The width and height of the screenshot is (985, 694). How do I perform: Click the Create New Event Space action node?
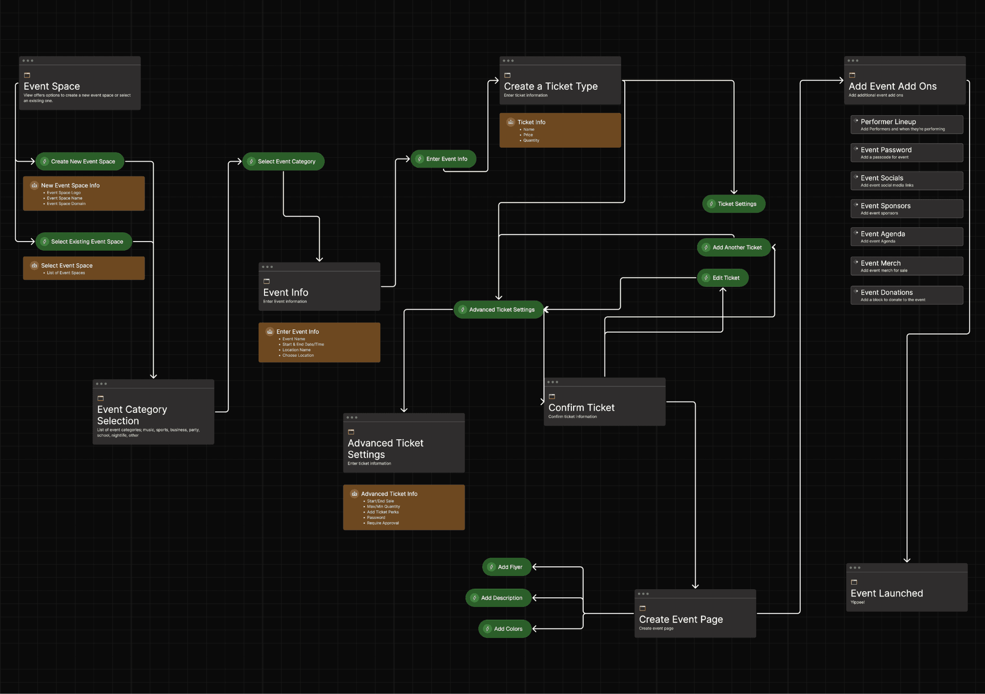[x=80, y=161]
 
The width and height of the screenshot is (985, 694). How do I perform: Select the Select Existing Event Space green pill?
[x=84, y=242]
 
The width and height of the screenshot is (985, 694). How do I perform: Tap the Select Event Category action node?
[x=283, y=161]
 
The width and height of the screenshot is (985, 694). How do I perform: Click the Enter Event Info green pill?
[x=444, y=159]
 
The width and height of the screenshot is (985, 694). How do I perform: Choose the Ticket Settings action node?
[x=734, y=204]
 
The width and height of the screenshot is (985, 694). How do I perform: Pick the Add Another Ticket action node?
[x=734, y=247]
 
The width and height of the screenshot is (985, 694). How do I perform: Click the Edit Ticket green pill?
[x=723, y=278]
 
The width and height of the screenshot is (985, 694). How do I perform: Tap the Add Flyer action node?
[x=507, y=567]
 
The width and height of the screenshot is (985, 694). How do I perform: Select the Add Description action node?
[x=498, y=598]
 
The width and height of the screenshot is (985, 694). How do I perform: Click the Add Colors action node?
[x=505, y=629]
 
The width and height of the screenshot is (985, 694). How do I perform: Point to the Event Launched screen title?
[x=886, y=593]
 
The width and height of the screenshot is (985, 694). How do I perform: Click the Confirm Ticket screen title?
[x=581, y=408]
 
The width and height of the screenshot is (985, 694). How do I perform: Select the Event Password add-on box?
[x=907, y=153]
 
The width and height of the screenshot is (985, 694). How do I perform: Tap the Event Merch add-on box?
[x=907, y=266]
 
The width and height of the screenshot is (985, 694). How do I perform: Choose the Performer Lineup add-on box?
[x=907, y=124]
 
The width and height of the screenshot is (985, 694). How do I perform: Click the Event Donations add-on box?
[x=907, y=295]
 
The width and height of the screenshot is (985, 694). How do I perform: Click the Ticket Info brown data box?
[x=560, y=130]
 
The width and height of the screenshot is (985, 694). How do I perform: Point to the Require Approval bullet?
[x=383, y=523]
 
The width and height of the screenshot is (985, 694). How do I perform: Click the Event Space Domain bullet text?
[x=66, y=204]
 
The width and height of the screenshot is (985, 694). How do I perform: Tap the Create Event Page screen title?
[x=681, y=619]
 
